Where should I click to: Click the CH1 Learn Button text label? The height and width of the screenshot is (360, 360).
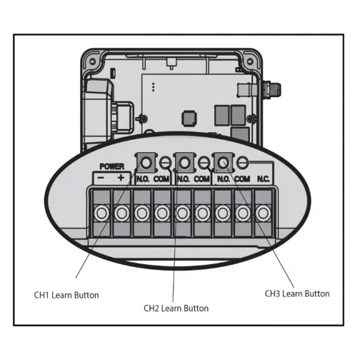(x=67, y=295)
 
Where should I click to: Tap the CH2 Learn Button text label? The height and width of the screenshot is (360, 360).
(x=176, y=308)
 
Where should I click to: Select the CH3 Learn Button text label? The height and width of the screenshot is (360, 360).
(x=297, y=293)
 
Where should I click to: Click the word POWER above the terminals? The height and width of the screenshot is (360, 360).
(x=112, y=166)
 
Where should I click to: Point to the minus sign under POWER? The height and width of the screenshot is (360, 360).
(x=101, y=178)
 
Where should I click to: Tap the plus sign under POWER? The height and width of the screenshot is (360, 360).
(x=121, y=178)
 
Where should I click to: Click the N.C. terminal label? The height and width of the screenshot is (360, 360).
(x=263, y=179)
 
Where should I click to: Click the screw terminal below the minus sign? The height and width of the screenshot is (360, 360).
(x=102, y=213)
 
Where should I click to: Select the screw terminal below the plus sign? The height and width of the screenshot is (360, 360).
(x=122, y=213)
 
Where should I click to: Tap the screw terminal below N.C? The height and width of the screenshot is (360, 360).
(x=263, y=213)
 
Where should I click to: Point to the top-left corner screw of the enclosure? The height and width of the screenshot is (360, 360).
(x=92, y=62)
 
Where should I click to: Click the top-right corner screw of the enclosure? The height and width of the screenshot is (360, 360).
(x=250, y=62)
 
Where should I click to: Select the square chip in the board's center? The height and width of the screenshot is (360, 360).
(x=189, y=118)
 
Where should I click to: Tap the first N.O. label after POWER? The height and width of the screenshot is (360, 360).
(x=143, y=179)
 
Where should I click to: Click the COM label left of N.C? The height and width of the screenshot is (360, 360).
(x=242, y=179)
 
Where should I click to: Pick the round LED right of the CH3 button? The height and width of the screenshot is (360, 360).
(x=242, y=163)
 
